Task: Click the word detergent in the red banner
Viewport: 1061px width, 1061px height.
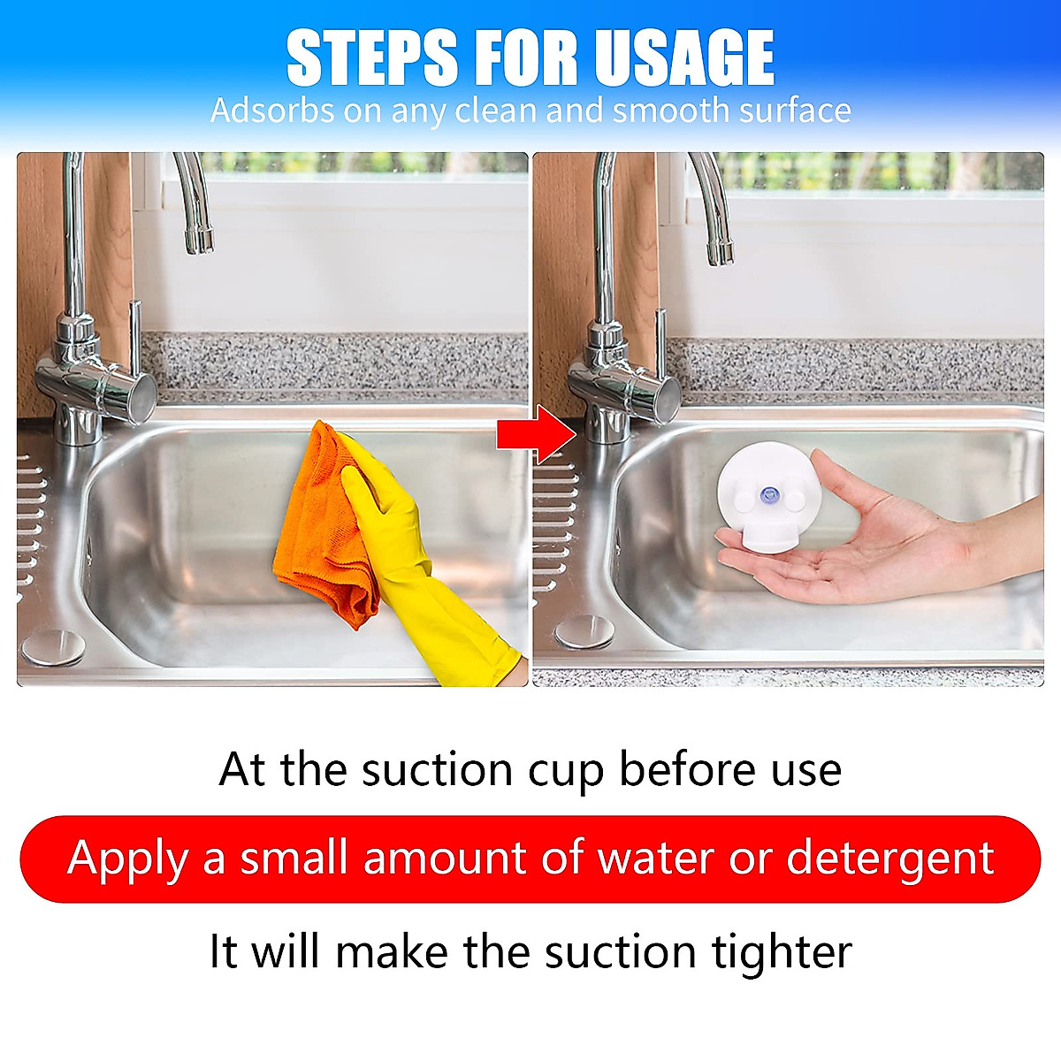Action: click(890, 858)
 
